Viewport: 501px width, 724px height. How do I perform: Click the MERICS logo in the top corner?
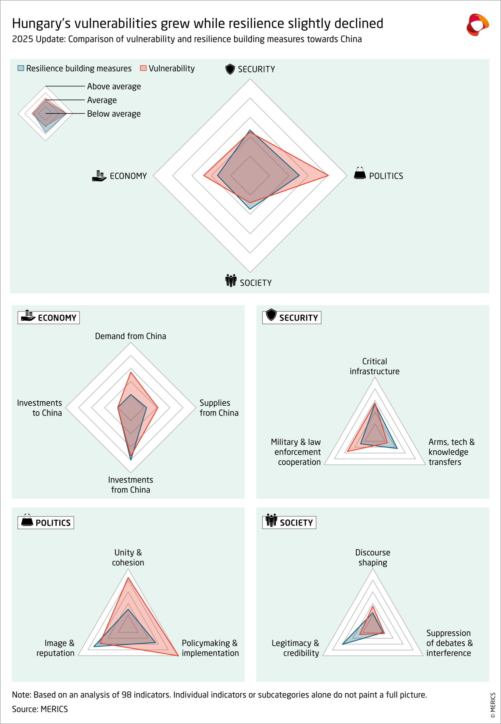[x=477, y=24]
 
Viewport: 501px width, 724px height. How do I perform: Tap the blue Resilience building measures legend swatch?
[x=21, y=68]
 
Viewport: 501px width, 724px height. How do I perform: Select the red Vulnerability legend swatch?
[x=143, y=68]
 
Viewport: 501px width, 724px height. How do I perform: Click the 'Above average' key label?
[x=114, y=86]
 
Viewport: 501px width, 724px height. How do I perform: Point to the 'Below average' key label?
[x=114, y=114]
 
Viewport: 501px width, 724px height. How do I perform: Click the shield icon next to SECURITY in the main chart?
[x=230, y=69]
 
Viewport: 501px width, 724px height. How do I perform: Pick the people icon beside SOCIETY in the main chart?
[x=231, y=281]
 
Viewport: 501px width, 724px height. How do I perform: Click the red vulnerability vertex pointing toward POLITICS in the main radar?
[x=328, y=175]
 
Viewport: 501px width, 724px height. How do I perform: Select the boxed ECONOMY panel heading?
[x=49, y=317]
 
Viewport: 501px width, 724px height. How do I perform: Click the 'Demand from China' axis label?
[x=131, y=336]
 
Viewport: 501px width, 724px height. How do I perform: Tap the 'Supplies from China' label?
[x=219, y=407]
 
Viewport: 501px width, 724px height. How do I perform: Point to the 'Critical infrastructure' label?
[x=375, y=366]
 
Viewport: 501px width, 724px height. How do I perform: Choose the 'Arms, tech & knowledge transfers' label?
[x=451, y=452]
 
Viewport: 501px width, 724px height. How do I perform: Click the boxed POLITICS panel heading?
[x=46, y=522]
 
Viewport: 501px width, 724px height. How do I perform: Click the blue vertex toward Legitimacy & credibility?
[x=342, y=644]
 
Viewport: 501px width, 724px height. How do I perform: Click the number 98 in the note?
[x=126, y=695]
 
